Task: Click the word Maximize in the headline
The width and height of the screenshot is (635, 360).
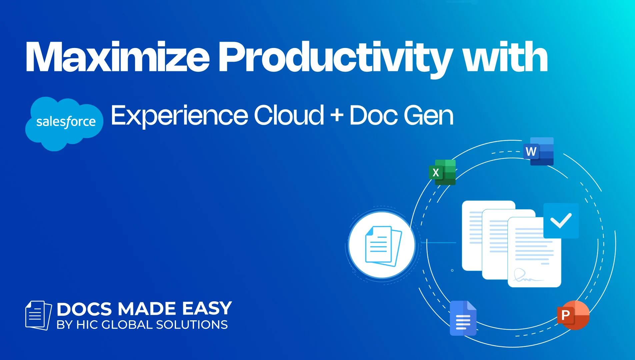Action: click(117, 57)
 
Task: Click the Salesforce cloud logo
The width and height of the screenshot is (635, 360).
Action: click(64, 124)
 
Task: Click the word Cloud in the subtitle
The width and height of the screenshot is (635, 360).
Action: click(289, 115)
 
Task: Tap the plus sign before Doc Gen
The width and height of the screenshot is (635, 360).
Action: click(337, 115)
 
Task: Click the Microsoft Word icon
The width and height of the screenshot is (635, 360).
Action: click(539, 151)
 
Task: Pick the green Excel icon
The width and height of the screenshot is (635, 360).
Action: click(442, 172)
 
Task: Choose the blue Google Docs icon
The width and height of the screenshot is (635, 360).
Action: click(463, 318)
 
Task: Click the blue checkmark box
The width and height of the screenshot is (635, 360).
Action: click(561, 221)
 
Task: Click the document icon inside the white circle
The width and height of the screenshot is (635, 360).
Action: click(383, 246)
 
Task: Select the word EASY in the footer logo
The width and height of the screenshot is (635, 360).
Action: click(207, 308)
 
